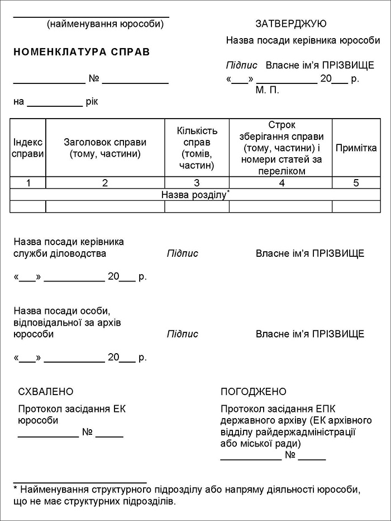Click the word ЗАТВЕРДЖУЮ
(290, 24)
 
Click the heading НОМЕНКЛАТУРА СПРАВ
(82, 52)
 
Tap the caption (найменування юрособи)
(106, 24)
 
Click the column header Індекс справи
(28, 148)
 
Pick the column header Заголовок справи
(105, 148)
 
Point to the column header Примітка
(356, 148)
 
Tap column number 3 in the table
(197, 183)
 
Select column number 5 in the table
(356, 183)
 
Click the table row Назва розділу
(195, 195)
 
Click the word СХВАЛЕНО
(46, 392)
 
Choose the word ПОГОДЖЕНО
(254, 392)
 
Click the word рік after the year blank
(92, 102)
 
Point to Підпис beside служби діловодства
(182, 254)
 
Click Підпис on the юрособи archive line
(182, 334)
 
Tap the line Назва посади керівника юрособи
(303, 41)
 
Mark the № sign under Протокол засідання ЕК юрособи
(87, 433)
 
